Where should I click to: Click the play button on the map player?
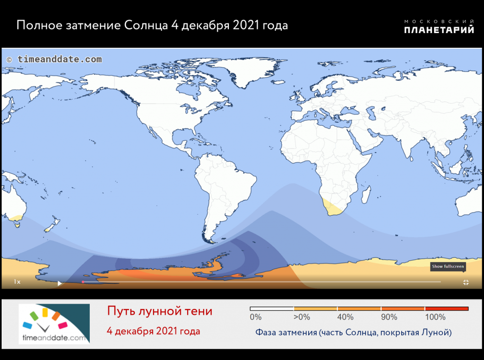pyautogui.click(x=60, y=283)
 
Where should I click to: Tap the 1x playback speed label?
pyautogui.click(x=17, y=282)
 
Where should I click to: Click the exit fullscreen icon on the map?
pyautogui.click(x=466, y=282)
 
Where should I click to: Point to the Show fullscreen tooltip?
pyautogui.click(x=447, y=266)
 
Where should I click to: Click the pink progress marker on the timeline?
pyautogui.click(x=83, y=282)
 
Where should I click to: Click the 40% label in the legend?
pyautogui.click(x=346, y=317)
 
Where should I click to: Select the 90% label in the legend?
pyautogui.click(x=389, y=317)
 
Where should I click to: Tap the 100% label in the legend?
pyautogui.click(x=435, y=317)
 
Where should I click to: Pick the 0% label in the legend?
pyautogui.click(x=255, y=317)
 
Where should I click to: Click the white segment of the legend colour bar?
pyautogui.click(x=272, y=308)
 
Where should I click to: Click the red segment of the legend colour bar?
pyautogui.click(x=446, y=308)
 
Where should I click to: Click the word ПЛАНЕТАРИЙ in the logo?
pyautogui.click(x=439, y=30)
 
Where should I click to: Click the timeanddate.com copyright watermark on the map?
pyautogui.click(x=54, y=60)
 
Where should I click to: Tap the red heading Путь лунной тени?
pyautogui.click(x=159, y=311)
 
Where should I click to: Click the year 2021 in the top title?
pyautogui.click(x=247, y=25)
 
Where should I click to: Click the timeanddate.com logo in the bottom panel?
pyautogui.click(x=54, y=324)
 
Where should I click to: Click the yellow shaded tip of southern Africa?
pyautogui.click(x=333, y=209)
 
